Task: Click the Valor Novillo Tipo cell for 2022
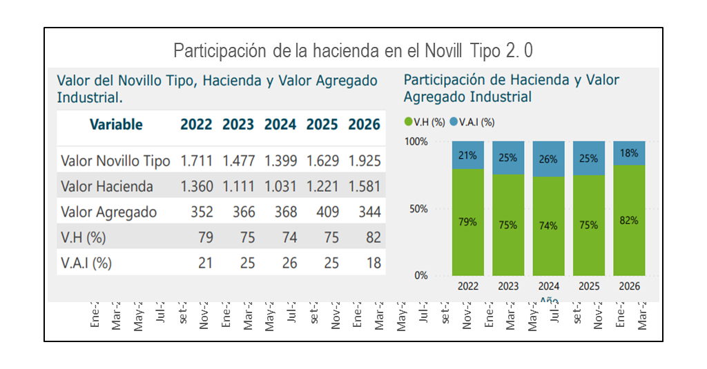pos(197,161)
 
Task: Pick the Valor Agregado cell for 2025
pos(327,212)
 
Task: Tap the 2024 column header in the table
pos(280,125)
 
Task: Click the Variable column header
pos(116,125)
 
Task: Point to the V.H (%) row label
pos(84,238)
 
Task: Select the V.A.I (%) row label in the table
pos(86,263)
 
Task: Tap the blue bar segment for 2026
pos(629,153)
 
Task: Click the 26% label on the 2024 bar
pos(548,159)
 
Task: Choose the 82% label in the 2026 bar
pos(629,221)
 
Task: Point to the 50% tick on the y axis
pos(418,209)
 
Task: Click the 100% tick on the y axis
pos(416,142)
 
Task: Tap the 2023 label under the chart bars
pos(508,286)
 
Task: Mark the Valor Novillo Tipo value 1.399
pos(280,161)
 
